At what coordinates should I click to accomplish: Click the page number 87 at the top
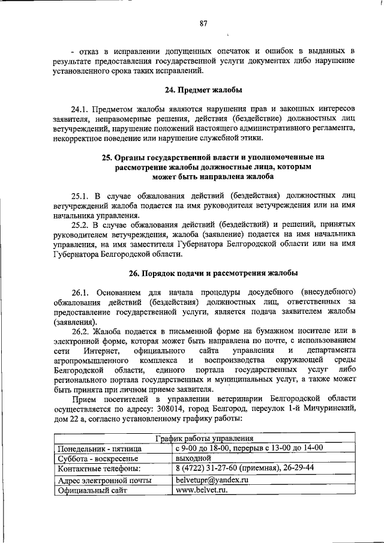pyautogui.click(x=203, y=24)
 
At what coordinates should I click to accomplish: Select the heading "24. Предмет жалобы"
pyautogui.click(x=203, y=91)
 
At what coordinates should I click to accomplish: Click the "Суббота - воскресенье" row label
pyautogui.click(x=98, y=459)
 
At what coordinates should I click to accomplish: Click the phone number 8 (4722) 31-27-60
pyautogui.click(x=208, y=468)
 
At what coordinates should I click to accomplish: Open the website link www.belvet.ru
pyautogui.click(x=201, y=490)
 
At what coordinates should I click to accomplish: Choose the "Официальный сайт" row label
pyautogui.click(x=94, y=491)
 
